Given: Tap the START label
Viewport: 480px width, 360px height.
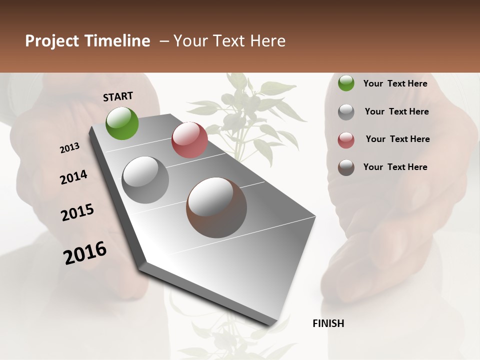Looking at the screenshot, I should pyautogui.click(x=118, y=96).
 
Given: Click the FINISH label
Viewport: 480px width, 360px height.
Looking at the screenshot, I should pyautogui.click(x=328, y=323).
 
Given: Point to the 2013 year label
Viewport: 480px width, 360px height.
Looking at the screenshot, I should pyautogui.click(x=70, y=148).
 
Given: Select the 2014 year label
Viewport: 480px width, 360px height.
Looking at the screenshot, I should pyautogui.click(x=74, y=177).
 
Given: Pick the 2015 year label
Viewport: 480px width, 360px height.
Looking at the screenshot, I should pyautogui.click(x=77, y=212).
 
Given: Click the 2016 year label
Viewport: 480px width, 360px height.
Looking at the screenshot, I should pyautogui.click(x=85, y=252).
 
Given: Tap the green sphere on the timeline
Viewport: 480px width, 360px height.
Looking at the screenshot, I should pyautogui.click(x=122, y=123).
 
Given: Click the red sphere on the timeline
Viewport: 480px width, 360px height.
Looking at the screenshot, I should pyautogui.click(x=189, y=140).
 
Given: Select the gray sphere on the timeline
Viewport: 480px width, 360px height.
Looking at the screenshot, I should pyautogui.click(x=145, y=179).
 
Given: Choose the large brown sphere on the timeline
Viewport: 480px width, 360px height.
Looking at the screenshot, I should pyautogui.click(x=216, y=207).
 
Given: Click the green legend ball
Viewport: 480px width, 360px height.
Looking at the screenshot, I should pyautogui.click(x=346, y=83).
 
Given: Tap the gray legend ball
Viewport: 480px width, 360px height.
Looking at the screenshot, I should pyautogui.click(x=346, y=112).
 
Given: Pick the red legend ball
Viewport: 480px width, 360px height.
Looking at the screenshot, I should pyautogui.click(x=346, y=140).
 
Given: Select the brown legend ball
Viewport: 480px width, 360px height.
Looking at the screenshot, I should pyautogui.click(x=346, y=167).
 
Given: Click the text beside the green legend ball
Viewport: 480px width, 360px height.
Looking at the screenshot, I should pyautogui.click(x=395, y=83).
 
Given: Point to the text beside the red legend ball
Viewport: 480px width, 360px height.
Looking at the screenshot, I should pyautogui.click(x=397, y=139).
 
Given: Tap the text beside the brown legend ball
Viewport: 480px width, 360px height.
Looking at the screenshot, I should pyautogui.click(x=395, y=167).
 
